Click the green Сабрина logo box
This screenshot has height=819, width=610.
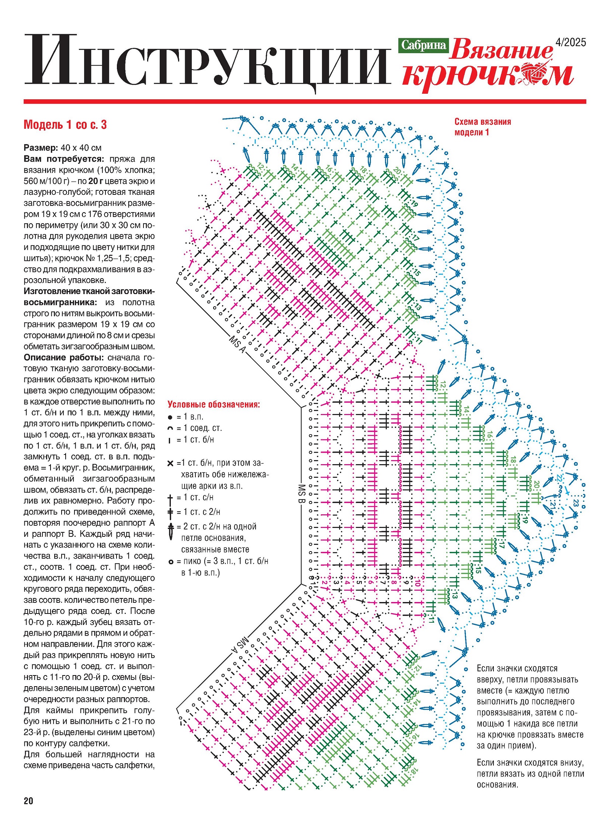423,45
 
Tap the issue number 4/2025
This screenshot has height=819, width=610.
571,42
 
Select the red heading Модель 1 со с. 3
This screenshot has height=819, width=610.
65,125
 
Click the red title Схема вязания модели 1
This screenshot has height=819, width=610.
482,127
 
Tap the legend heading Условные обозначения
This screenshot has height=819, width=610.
214,404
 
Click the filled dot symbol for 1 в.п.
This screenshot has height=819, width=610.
170,418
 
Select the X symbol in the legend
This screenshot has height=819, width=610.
170,463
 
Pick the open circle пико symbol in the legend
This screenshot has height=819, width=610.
171,562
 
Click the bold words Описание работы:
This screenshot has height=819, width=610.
64,357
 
